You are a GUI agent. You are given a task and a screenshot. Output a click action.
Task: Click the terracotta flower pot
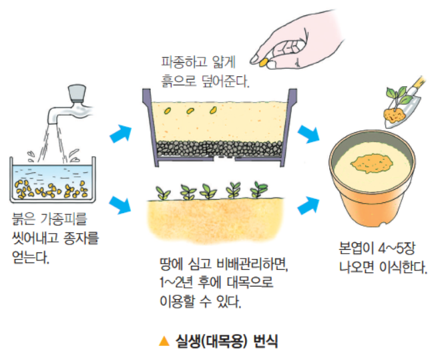pyautogui.click(x=374, y=180)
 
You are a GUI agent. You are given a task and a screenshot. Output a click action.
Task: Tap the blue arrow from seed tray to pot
pyautogui.click(x=308, y=134)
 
